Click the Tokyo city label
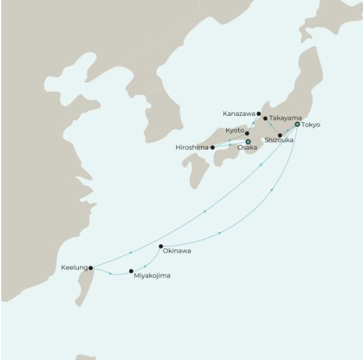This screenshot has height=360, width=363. tap(311, 125)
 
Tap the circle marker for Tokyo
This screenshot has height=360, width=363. tap(297, 125)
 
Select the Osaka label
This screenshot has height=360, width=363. tap(247, 148)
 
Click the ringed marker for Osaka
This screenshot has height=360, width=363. tap(248, 142)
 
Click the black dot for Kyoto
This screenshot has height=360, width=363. tap(247, 133)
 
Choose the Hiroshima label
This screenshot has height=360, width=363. tap(192, 148)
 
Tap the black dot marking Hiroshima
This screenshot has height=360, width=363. tap(212, 147)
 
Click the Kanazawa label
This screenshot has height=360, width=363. tap(239, 114)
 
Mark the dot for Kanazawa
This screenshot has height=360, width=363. tap(258, 114)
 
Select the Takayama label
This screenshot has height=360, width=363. tap(285, 118)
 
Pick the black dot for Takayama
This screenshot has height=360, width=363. tap(265, 118)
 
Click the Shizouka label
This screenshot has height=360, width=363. tap(279, 140)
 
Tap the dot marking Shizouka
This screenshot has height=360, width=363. tap(280, 135)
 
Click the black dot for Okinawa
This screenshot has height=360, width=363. tap(161, 246)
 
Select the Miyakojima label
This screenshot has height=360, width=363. tap(152, 276)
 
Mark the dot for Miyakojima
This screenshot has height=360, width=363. tap(131, 271)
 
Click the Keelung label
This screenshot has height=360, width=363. tap(73, 267)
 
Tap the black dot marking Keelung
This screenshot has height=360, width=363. tap(91, 267)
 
